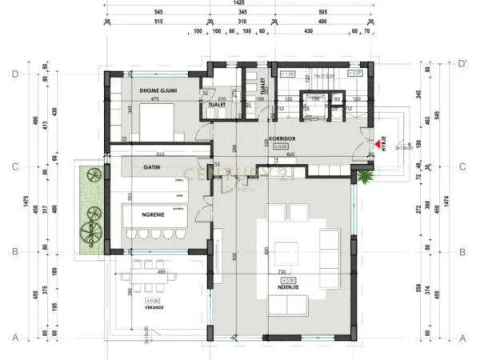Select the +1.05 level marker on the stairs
pyautogui.click(x=289, y=74)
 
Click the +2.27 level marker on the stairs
pyautogui.click(x=355, y=74)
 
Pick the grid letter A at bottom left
pyautogui.click(x=14, y=337)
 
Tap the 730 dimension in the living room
pyautogui.click(x=282, y=274)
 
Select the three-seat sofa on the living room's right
pyautogui.click(x=329, y=249)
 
